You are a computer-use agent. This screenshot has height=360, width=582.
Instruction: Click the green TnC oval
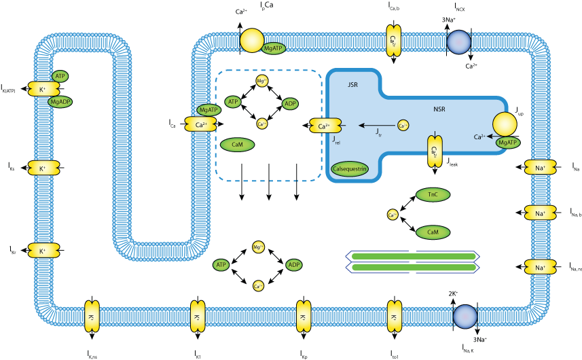(x=433, y=195)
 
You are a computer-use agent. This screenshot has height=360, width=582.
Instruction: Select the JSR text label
(x=352, y=86)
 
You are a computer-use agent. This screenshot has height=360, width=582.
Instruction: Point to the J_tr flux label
(x=378, y=134)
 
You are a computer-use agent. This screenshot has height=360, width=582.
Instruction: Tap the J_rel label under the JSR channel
(x=338, y=141)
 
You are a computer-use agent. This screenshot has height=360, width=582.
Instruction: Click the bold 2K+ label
(x=453, y=293)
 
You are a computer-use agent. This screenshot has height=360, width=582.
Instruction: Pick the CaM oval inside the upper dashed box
(x=237, y=145)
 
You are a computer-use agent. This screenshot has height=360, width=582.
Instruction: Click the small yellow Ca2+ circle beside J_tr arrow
(x=403, y=126)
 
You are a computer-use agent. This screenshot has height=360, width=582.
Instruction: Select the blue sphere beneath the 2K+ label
(x=465, y=317)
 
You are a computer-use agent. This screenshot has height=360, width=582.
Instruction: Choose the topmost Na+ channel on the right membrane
(x=541, y=166)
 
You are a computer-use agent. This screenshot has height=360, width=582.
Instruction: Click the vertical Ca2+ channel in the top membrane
(x=393, y=40)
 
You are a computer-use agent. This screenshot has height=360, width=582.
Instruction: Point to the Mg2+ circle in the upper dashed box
(x=261, y=82)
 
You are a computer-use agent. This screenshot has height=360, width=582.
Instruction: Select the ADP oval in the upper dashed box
(x=290, y=104)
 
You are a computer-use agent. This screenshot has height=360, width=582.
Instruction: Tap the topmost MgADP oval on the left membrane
(x=60, y=102)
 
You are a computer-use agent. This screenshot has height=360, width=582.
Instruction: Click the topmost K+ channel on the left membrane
(x=41, y=89)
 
